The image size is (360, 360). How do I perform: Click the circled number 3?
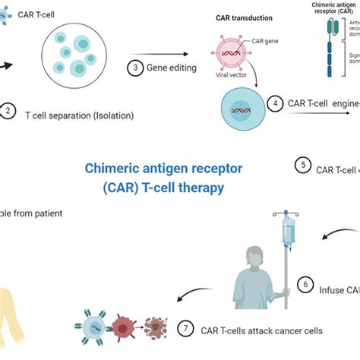tap(135, 68)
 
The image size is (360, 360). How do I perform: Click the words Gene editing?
tap(172, 68)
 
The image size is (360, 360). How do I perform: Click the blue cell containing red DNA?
tap(242, 111)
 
